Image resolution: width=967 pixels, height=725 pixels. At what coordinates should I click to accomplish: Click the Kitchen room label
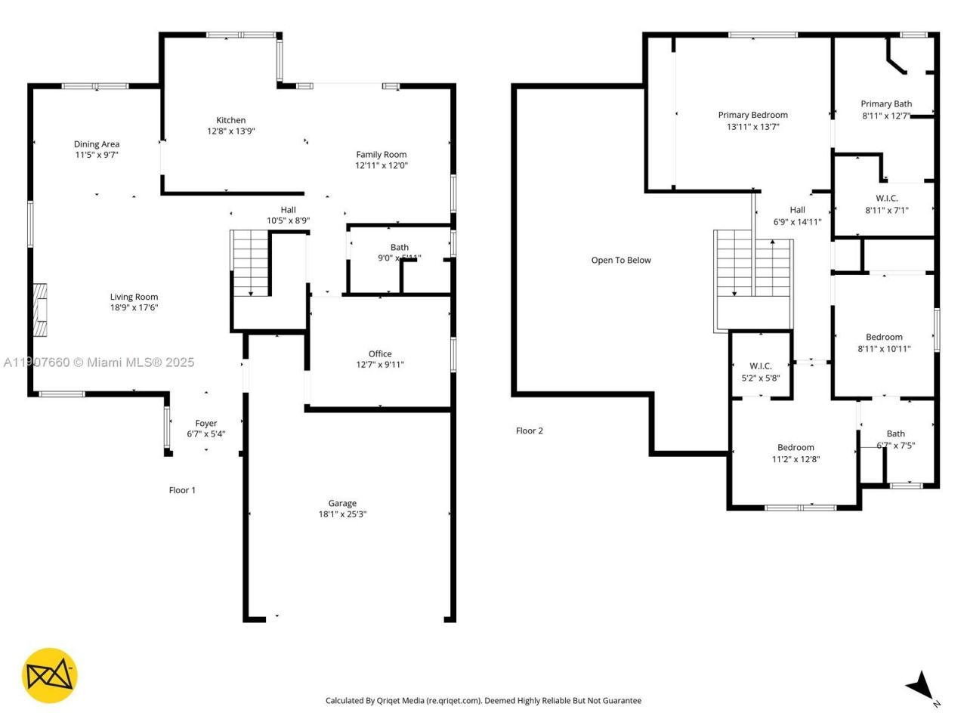(230, 120)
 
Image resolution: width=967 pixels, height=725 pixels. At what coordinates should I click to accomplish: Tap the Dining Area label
(97, 144)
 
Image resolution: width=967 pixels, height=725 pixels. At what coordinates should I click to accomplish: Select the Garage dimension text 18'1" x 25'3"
(342, 514)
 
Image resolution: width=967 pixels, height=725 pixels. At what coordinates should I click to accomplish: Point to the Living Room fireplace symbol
(40, 310)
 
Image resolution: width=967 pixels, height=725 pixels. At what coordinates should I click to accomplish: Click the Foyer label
(205, 424)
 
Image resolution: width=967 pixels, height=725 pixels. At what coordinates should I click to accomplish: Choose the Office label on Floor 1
(380, 353)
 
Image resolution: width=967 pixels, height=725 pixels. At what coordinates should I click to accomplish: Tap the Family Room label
(382, 155)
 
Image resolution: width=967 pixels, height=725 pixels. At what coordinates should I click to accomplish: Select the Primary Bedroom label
(752, 115)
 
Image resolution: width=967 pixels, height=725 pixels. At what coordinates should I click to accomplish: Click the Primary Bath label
(886, 104)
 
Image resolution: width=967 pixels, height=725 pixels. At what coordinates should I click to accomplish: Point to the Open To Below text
(621, 261)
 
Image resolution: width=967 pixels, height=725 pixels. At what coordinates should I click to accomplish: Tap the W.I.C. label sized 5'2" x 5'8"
(760, 366)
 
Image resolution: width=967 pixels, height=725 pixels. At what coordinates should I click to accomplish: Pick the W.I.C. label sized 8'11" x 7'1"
(886, 199)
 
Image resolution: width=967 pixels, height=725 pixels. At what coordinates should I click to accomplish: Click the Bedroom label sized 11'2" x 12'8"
(796, 447)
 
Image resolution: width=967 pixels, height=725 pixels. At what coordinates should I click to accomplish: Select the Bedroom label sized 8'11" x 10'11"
(884, 337)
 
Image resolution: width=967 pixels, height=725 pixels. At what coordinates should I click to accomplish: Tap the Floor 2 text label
(529, 431)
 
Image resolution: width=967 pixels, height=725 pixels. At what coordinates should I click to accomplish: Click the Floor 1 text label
(182, 490)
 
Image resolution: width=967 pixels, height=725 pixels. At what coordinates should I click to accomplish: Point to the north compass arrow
(921, 686)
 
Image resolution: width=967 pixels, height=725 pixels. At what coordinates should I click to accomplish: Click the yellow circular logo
(49, 674)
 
